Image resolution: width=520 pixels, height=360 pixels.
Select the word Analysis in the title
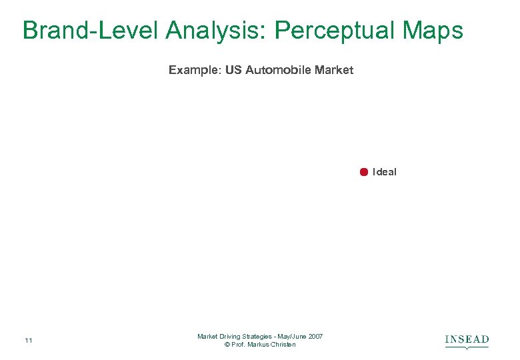(x=215, y=31)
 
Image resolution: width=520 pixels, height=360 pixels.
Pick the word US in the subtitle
(x=233, y=70)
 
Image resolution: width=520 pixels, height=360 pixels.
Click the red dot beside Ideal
(x=364, y=172)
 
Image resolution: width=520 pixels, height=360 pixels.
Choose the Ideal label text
(x=385, y=172)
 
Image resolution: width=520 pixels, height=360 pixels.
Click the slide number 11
(x=28, y=341)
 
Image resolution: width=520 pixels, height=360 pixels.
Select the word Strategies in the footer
(x=259, y=337)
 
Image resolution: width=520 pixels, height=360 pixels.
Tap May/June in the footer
(x=294, y=337)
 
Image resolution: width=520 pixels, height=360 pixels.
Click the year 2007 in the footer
(x=316, y=337)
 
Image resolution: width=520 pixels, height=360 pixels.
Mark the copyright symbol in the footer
(x=227, y=345)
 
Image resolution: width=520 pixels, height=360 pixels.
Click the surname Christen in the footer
(x=284, y=345)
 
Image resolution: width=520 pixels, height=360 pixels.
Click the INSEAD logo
(x=467, y=341)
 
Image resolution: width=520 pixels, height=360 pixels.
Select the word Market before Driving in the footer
(x=207, y=337)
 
